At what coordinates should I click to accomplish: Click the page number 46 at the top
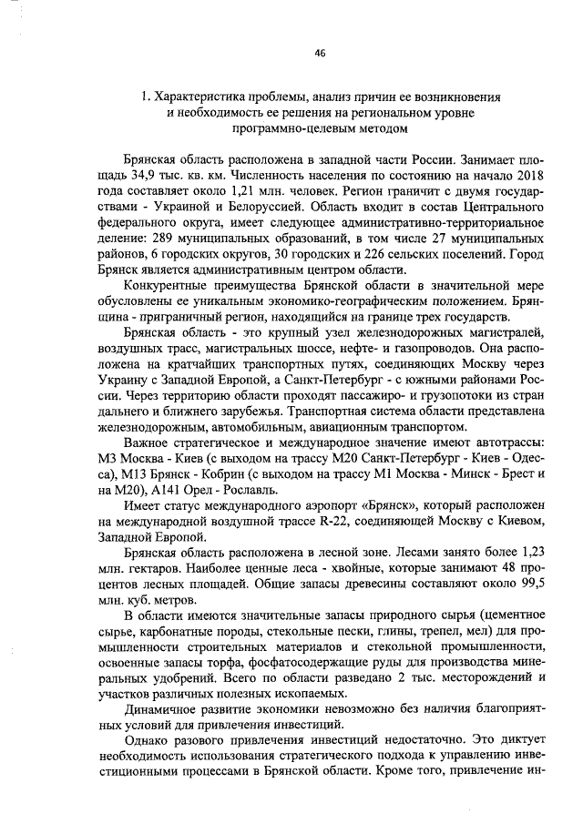point(320,53)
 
